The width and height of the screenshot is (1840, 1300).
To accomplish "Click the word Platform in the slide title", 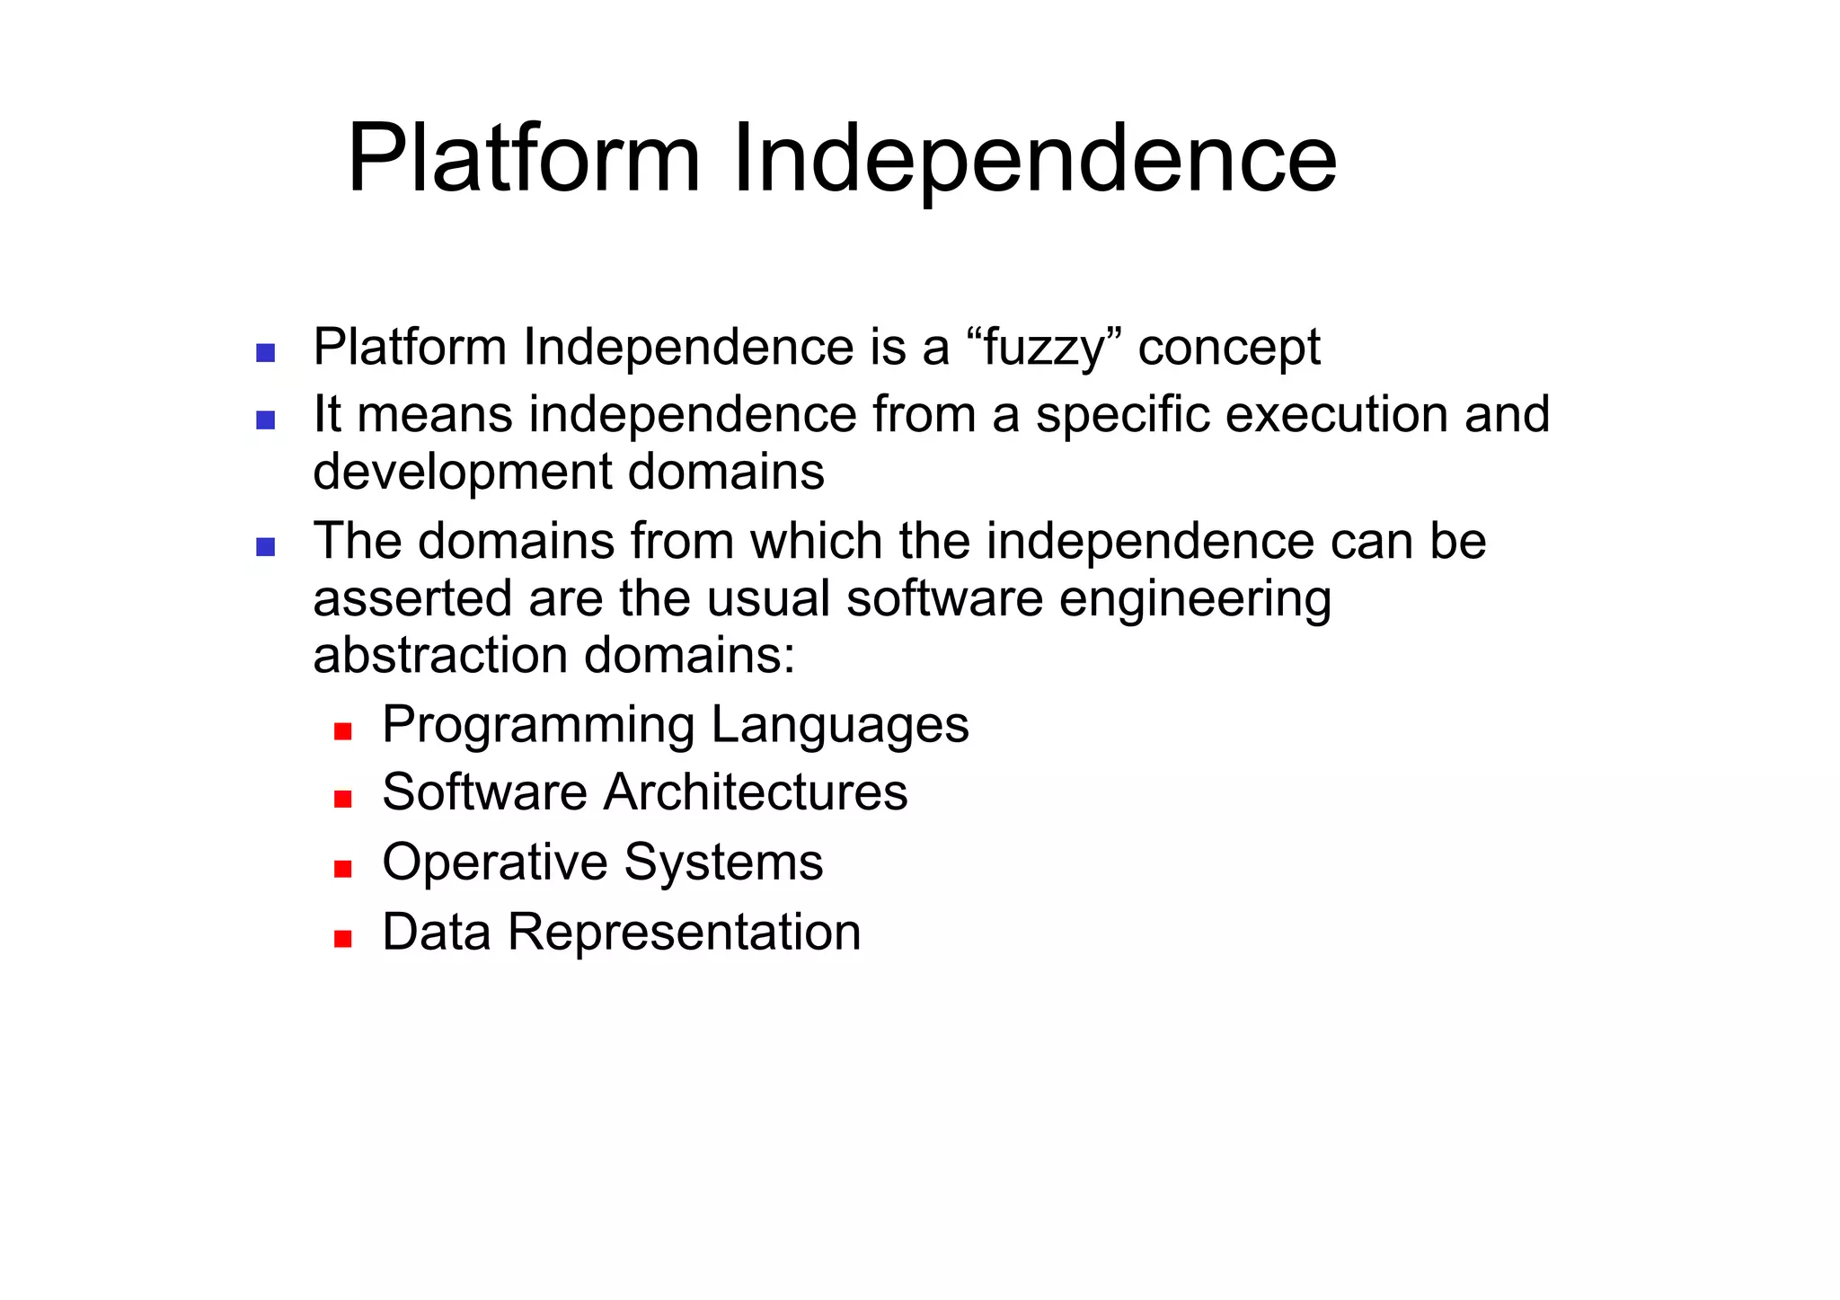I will click(523, 160).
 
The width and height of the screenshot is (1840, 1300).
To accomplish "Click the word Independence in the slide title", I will click(1034, 160).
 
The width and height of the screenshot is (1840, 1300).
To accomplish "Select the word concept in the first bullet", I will click(1229, 348).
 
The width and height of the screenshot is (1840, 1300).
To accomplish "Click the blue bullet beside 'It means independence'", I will click(265, 420).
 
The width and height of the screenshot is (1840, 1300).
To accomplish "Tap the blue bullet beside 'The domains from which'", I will click(265, 546).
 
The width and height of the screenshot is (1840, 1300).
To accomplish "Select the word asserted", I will click(412, 599).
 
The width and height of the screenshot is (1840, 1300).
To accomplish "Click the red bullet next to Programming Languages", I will click(342, 731).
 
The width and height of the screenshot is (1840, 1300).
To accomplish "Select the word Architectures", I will click(756, 792).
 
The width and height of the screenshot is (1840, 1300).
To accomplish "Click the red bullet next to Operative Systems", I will click(342, 869).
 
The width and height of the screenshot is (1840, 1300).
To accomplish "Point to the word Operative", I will click(495, 862).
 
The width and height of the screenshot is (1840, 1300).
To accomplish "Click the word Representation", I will click(684, 932).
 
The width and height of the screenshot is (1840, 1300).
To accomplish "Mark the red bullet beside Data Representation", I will click(342, 939).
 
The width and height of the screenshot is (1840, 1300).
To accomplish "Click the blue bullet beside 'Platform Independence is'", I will click(265, 352).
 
